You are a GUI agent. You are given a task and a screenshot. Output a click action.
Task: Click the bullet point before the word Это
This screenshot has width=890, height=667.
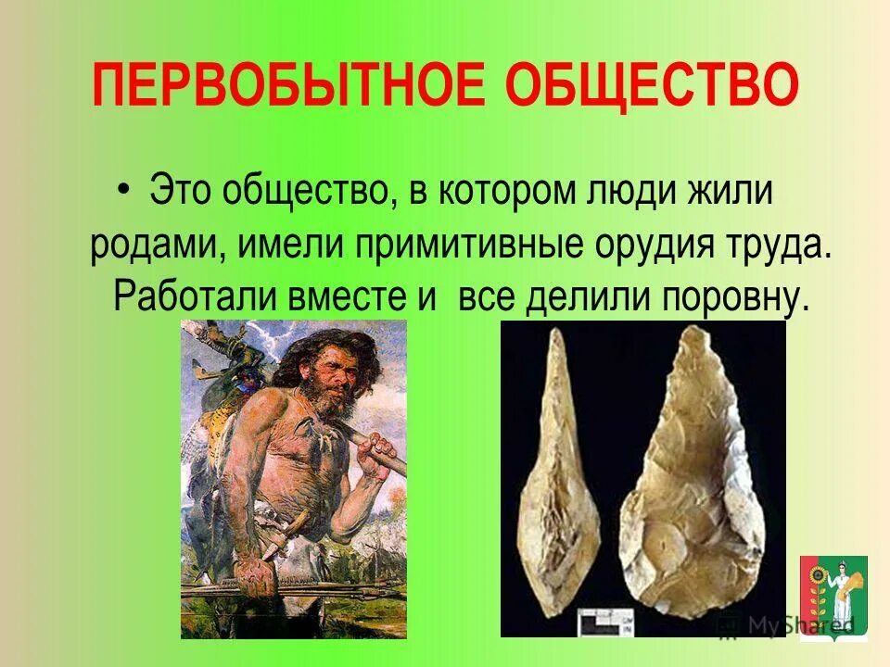[125, 191]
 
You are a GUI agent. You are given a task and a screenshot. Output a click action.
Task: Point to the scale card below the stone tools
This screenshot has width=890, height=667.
[603, 620]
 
